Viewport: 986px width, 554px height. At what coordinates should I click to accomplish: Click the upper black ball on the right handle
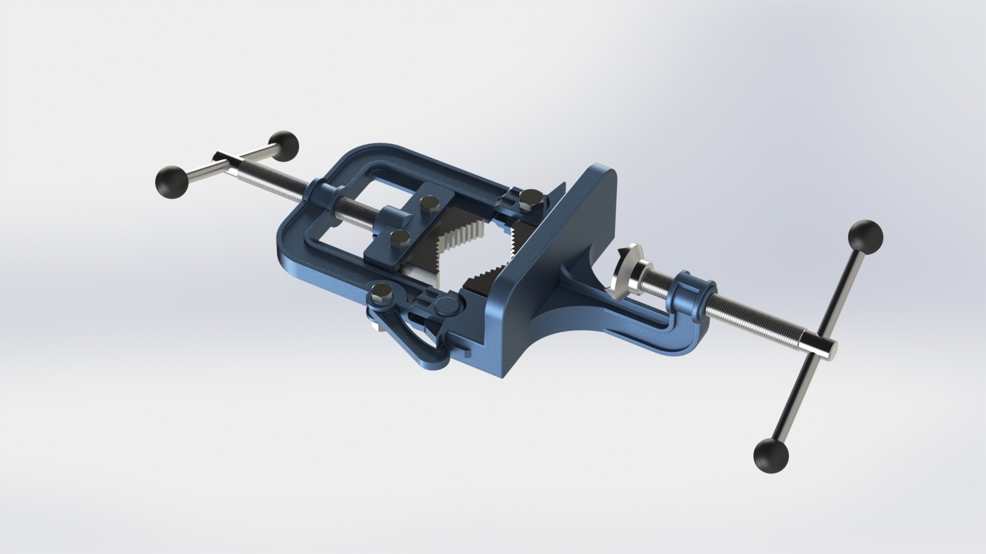click(x=866, y=238)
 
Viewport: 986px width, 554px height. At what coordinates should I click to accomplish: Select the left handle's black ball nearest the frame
click(x=283, y=146)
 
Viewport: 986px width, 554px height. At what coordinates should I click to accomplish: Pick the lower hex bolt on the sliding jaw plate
click(x=400, y=236)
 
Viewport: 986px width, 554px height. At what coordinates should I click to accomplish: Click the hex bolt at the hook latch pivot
click(x=382, y=293)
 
